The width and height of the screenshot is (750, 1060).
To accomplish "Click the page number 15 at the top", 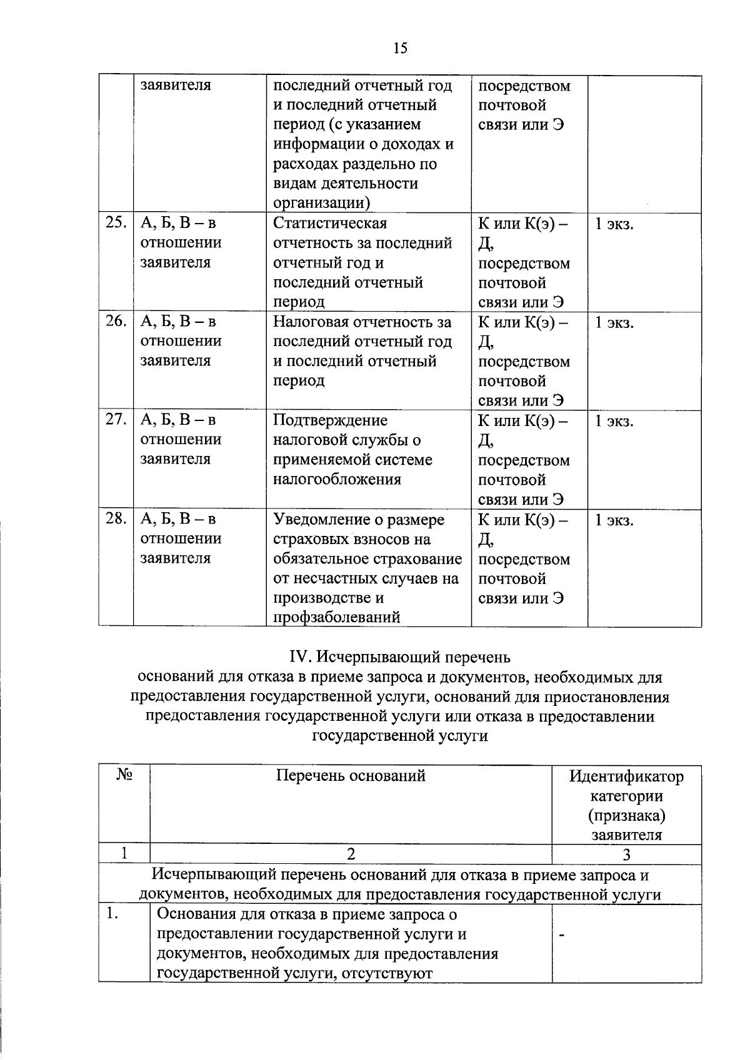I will click(401, 48).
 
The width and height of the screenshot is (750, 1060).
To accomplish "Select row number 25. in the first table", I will click(116, 223).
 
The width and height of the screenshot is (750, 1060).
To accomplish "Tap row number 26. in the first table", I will click(116, 322).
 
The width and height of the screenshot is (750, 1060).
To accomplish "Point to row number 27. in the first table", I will click(116, 420).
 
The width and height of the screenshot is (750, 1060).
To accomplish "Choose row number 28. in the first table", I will click(116, 518).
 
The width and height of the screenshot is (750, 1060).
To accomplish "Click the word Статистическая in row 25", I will click(330, 224).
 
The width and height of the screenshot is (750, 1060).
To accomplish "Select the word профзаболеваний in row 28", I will click(336, 618).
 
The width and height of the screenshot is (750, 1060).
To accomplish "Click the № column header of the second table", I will click(124, 776).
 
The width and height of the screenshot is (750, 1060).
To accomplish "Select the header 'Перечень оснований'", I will click(351, 776).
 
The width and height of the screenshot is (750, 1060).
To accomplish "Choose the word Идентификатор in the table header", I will click(626, 777).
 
